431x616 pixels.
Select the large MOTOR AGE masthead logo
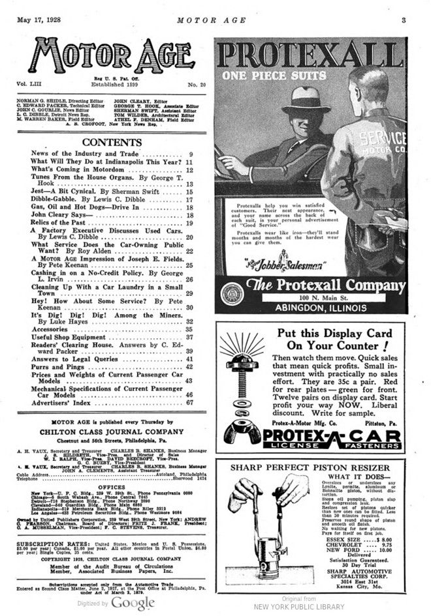(x=110, y=57)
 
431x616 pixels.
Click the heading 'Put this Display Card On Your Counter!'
(x=334, y=340)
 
